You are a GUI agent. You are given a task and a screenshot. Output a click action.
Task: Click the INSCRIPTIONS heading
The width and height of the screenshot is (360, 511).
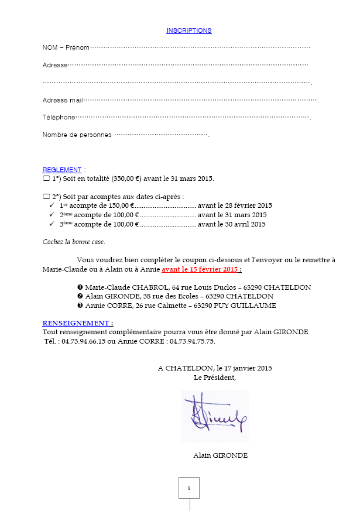189,30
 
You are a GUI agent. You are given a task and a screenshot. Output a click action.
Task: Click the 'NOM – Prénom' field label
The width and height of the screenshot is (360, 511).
66,47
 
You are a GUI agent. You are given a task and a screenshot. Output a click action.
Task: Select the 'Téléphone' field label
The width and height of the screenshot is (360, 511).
59,118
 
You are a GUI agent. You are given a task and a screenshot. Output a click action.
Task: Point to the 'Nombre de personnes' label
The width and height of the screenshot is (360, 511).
77,135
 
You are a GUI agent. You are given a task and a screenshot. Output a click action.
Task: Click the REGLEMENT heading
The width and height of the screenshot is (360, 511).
62,170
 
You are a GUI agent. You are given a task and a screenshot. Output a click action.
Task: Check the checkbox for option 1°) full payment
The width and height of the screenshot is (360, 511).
46,178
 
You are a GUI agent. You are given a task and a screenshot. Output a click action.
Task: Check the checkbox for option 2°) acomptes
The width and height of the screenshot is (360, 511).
46,197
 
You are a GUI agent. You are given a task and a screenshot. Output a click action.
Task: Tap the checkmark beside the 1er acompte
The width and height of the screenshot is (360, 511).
52,205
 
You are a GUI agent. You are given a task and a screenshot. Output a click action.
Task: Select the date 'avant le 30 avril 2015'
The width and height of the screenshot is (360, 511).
232,224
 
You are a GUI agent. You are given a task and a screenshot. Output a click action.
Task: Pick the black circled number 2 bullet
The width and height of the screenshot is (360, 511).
80,296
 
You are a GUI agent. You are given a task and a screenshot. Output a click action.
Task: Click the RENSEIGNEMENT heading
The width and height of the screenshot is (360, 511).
78,323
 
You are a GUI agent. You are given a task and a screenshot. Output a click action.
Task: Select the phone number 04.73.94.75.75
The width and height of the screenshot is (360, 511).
192,341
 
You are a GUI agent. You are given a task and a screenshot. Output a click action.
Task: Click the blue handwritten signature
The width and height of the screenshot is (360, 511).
214,414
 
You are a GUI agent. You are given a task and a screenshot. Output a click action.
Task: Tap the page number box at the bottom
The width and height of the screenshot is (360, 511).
188,488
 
